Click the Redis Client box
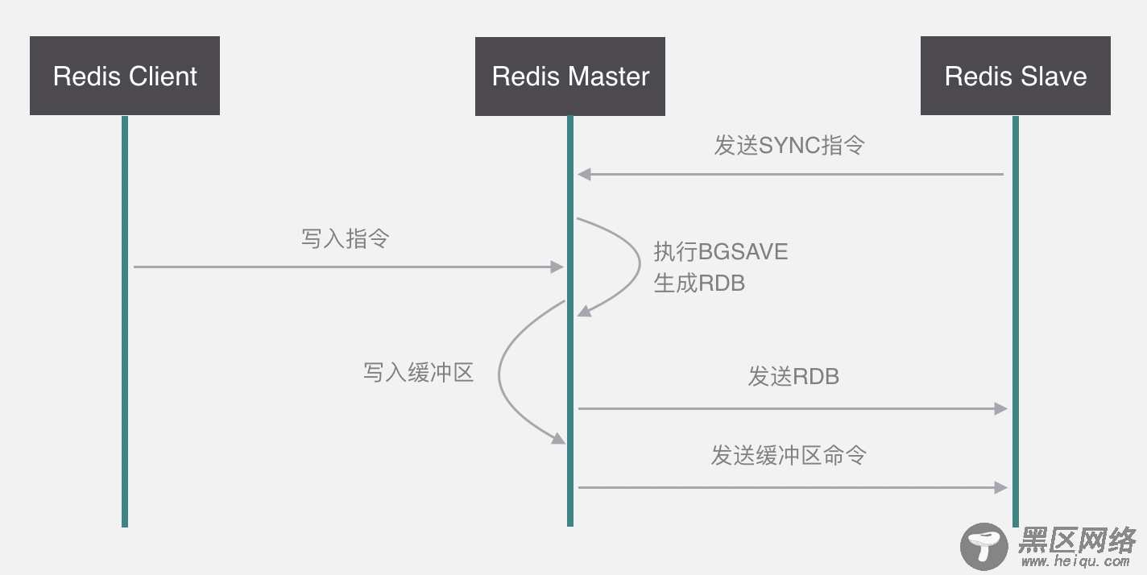click(x=125, y=76)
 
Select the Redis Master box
click(x=570, y=76)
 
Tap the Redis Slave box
click(x=1016, y=76)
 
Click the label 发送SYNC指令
click(x=789, y=146)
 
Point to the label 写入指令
click(x=345, y=238)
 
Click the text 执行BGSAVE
click(x=720, y=252)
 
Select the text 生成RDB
click(x=699, y=283)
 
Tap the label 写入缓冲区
click(x=418, y=372)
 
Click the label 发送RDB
click(x=793, y=376)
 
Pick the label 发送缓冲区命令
click(x=789, y=455)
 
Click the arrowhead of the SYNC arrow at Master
click(x=584, y=174)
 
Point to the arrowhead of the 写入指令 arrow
click(x=557, y=267)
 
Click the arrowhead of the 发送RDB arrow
click(x=1001, y=409)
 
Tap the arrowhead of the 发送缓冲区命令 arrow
click(x=1001, y=487)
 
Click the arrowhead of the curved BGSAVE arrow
click(x=584, y=311)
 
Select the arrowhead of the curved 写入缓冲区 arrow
click(x=557, y=438)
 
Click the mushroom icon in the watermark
click(x=983, y=546)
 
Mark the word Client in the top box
click(x=161, y=76)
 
